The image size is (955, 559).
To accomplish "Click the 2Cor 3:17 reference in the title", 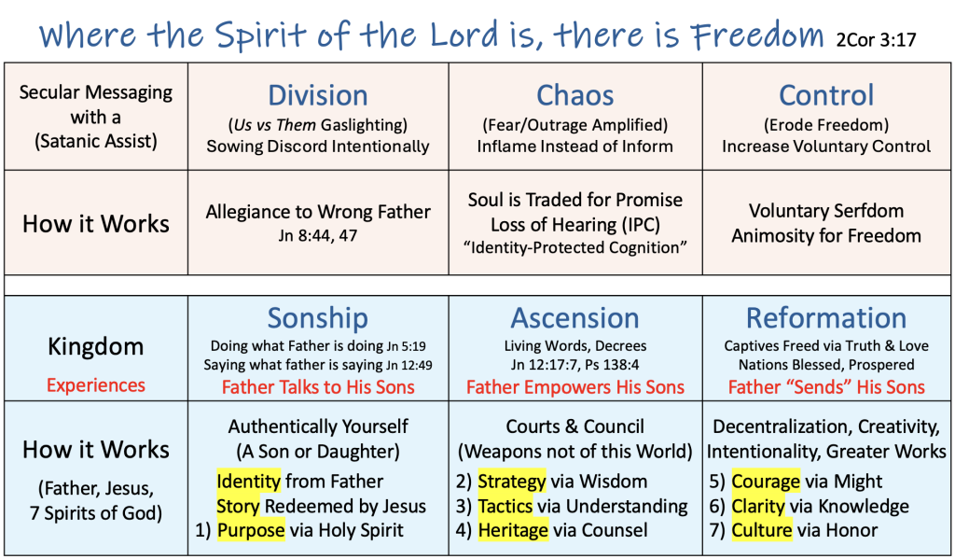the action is [x=876, y=40].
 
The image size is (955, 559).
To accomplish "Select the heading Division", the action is [x=318, y=96].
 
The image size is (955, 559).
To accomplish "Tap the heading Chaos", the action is [x=574, y=96].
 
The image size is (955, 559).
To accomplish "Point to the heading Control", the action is [x=826, y=96].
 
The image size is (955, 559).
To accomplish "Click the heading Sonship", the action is [x=318, y=318].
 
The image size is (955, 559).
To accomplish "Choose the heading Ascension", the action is [x=574, y=318].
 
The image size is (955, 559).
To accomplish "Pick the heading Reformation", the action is [x=826, y=318].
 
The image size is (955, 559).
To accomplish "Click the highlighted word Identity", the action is [x=248, y=481].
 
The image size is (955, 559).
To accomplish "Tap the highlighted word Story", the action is [x=238, y=506].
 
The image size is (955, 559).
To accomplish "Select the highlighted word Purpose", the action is [x=251, y=530].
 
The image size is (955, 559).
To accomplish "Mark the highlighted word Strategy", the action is [x=512, y=481].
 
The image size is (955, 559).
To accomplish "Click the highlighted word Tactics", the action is [x=505, y=506].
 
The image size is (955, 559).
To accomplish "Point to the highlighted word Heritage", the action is [x=513, y=530].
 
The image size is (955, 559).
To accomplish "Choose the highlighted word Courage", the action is [x=766, y=481].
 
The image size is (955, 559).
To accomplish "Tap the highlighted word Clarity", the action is [x=758, y=506].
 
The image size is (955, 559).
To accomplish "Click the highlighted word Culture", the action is [x=762, y=530].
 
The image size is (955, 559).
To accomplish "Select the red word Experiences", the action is [x=96, y=385].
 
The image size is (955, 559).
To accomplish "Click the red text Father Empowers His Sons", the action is [x=574, y=387].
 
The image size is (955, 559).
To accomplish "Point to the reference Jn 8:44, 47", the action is [x=318, y=235].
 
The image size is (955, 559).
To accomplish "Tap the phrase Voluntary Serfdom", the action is [x=826, y=211].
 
